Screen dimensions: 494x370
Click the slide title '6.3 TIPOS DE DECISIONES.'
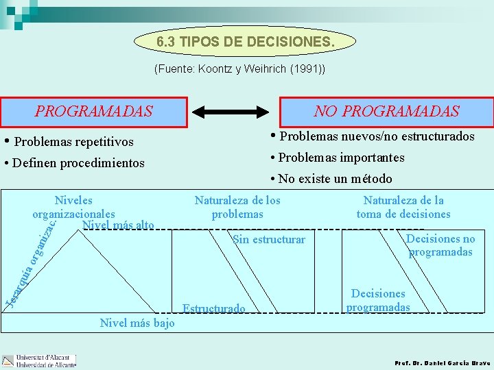coord(246,42)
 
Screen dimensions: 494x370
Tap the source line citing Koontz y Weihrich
coord(240,69)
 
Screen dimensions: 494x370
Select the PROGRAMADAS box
coord(94,111)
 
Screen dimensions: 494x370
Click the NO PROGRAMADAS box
coord(386,111)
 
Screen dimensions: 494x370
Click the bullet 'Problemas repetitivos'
coord(69,142)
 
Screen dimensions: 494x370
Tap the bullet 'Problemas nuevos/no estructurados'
coord(373,136)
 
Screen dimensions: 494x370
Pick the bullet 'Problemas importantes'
coord(338,158)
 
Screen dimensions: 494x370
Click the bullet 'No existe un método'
coord(331,179)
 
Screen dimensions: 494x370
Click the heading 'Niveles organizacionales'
coord(73,207)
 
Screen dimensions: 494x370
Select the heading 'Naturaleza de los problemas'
coord(237,207)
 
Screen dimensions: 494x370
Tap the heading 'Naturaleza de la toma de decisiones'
coord(403,207)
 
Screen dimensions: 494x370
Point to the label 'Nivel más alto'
coord(117,225)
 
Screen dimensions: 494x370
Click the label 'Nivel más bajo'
coord(137,323)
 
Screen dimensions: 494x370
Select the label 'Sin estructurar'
coord(269,239)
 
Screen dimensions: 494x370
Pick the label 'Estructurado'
coord(213,309)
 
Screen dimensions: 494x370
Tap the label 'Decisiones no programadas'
coord(440,245)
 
